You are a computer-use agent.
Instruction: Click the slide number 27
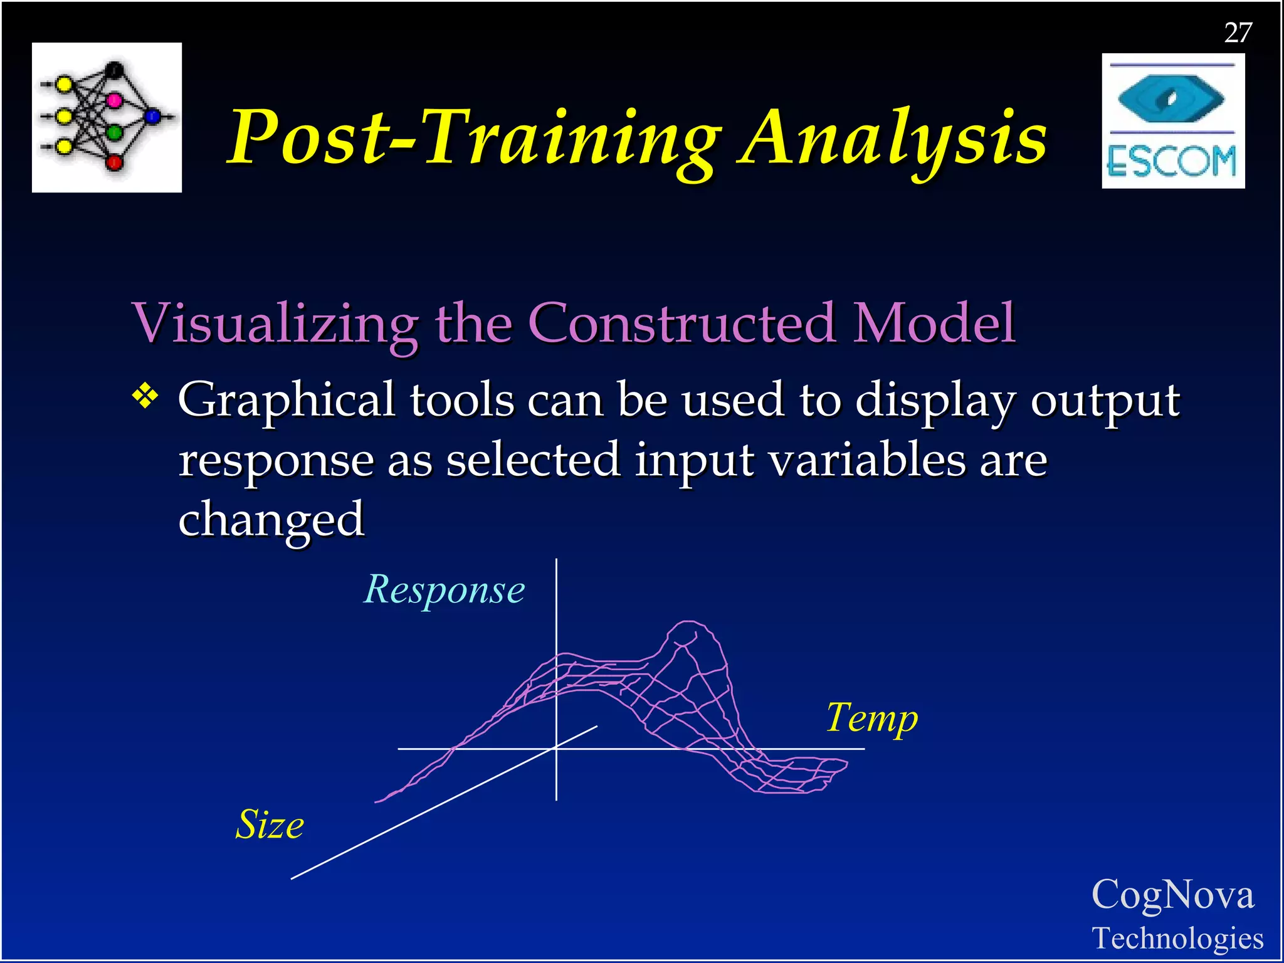tap(1238, 33)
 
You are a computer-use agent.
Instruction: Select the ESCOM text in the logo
tap(1171, 162)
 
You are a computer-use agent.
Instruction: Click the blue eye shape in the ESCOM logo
tap(1171, 98)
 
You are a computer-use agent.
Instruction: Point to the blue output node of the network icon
tap(152, 117)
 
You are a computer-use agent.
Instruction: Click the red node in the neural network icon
tap(114, 163)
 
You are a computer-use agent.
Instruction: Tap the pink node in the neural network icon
tap(114, 100)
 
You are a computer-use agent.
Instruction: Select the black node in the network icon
tap(114, 69)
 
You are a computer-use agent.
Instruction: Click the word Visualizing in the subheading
tap(276, 324)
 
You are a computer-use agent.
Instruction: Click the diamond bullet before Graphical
tap(145, 396)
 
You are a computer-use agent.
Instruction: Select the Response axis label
tap(445, 590)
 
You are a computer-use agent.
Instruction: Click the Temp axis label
tap(871, 718)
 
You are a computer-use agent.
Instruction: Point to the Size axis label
tap(270, 824)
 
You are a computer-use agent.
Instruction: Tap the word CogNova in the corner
tap(1172, 895)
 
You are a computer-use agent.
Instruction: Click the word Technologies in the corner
tap(1177, 939)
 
